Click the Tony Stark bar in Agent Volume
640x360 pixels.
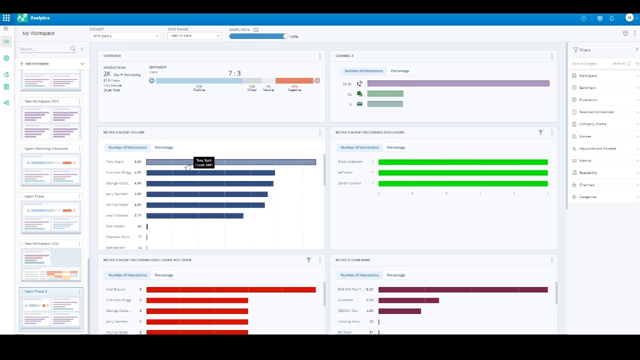[250, 162]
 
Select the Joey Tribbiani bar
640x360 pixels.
[194, 215]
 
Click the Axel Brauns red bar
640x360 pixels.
[230, 289]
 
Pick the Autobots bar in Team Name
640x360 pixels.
[408, 300]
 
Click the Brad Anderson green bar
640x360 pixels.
[462, 162]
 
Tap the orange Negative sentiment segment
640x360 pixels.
[294, 80]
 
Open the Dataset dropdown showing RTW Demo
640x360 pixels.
[124, 36]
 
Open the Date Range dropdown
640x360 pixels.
[194, 36]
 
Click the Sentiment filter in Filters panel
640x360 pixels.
[587, 88]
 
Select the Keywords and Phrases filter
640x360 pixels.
[597, 148]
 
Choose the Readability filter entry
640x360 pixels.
[588, 173]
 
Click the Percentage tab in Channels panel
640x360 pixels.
[399, 71]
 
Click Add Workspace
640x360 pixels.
[36, 64]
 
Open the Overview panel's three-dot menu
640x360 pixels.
[320, 56]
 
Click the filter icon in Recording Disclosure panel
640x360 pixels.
[540, 132]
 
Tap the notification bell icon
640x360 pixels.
[611, 18]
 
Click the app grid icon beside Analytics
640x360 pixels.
[6, 18]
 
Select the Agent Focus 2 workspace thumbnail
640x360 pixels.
[51, 310]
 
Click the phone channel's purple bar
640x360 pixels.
[458, 83]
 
